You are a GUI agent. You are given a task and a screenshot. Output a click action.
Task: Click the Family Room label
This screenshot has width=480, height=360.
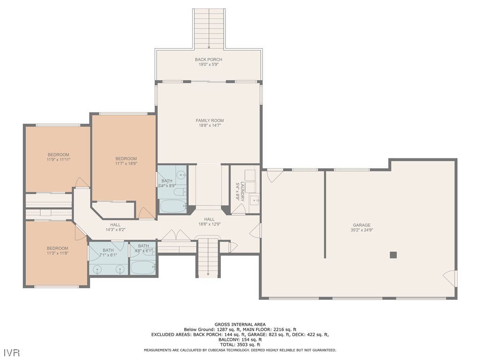[210, 120]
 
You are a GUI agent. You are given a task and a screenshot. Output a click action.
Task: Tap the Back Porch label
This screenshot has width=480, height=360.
[209, 60]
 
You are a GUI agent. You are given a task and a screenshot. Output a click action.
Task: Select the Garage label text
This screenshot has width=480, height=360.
[361, 225]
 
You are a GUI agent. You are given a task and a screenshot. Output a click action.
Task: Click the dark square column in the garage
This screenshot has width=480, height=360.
[393, 255]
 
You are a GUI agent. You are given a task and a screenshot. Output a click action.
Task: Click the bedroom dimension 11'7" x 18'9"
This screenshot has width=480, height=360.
[126, 164]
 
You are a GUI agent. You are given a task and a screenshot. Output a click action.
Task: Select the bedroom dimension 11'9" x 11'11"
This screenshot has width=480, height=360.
[59, 159]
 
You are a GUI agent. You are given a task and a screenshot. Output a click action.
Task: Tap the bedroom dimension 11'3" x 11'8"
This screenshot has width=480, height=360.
[57, 253]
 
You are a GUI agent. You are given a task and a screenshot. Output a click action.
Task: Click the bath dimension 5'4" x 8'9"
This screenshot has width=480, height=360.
[167, 186]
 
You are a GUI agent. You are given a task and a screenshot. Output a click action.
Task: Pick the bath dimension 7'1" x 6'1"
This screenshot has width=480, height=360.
[108, 255]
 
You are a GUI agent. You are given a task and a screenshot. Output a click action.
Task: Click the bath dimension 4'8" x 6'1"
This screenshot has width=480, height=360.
[143, 251]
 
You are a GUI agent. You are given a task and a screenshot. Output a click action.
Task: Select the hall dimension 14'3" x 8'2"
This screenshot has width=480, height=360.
[115, 229]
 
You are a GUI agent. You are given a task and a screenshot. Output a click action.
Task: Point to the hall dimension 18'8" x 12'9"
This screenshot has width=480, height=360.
[210, 224]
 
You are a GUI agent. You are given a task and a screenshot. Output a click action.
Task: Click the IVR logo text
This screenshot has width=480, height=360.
[12, 352]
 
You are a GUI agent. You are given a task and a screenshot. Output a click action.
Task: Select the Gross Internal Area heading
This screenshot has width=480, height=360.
[240, 324]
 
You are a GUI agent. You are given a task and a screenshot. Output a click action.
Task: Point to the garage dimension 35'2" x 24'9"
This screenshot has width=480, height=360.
[361, 230]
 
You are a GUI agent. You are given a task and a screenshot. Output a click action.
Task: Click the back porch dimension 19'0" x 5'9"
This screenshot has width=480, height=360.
[209, 64]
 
